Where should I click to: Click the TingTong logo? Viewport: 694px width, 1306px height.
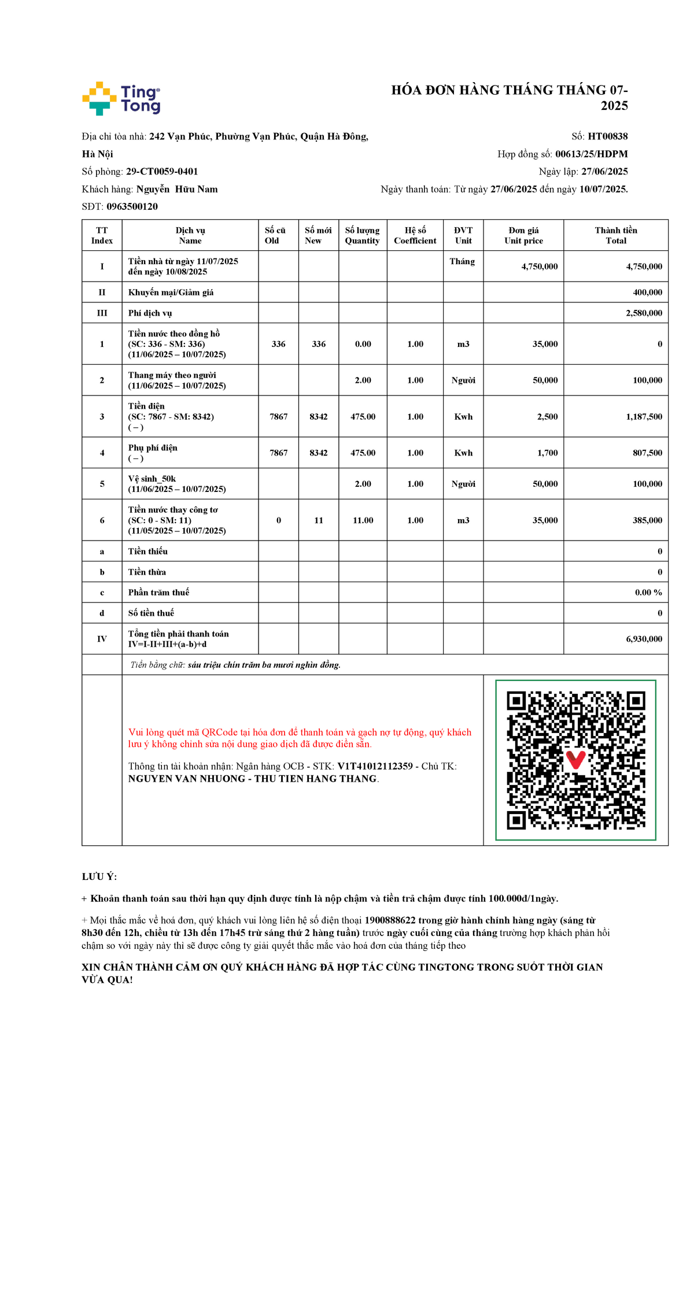pyautogui.click(x=121, y=98)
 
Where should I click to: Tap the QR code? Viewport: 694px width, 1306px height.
pyautogui.click(x=575, y=760)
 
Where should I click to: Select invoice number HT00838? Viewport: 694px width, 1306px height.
pyautogui.click(x=607, y=136)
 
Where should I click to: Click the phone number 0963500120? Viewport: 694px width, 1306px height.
pyautogui.click(x=132, y=206)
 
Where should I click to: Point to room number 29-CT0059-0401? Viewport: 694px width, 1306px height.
pyautogui.click(x=162, y=172)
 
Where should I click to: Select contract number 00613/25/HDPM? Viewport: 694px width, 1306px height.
pyautogui.click(x=591, y=154)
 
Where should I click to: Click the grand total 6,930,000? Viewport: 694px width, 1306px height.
pyautogui.click(x=644, y=639)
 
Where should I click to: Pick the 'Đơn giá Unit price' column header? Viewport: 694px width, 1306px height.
pyautogui.click(x=523, y=235)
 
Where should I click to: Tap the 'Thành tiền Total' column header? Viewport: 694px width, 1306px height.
pyautogui.click(x=616, y=235)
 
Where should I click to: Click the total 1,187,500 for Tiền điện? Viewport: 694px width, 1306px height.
pyautogui.click(x=644, y=417)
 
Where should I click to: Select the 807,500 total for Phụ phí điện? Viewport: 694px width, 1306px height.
pyautogui.click(x=647, y=453)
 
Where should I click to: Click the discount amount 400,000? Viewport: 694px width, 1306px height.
pyautogui.click(x=647, y=293)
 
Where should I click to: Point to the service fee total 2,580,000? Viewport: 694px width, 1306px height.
pyautogui.click(x=644, y=313)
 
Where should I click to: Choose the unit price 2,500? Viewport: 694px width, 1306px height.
pyautogui.click(x=547, y=417)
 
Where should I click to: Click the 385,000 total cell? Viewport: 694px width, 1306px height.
pyautogui.click(x=647, y=520)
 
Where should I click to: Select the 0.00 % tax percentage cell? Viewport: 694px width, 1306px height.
pyautogui.click(x=648, y=593)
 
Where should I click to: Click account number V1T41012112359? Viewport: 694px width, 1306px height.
pyautogui.click(x=375, y=766)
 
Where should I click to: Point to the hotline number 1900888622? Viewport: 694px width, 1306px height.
pyautogui.click(x=390, y=920)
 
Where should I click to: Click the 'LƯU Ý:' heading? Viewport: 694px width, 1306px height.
pyautogui.click(x=99, y=877)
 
